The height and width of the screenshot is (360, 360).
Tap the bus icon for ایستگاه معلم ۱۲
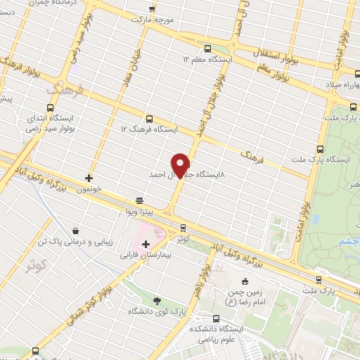point(207,49)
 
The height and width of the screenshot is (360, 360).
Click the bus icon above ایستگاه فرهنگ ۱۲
point(148,119)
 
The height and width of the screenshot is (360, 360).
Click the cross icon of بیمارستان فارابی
point(146,245)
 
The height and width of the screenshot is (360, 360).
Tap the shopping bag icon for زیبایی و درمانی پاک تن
point(76,230)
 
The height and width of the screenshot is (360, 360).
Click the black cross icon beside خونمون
point(89,178)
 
